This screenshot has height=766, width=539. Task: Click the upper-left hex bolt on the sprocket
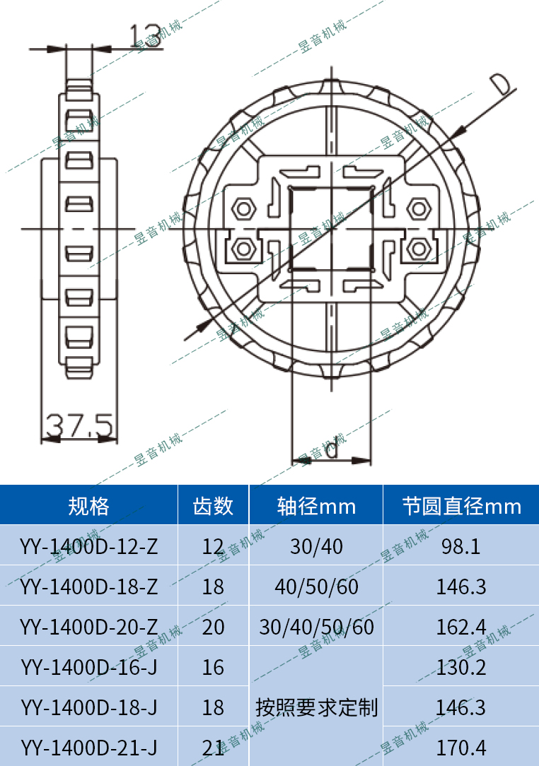point(244,209)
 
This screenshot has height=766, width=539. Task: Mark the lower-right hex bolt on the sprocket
point(418,249)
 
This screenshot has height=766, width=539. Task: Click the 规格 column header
point(88,506)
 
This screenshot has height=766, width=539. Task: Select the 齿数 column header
point(213,506)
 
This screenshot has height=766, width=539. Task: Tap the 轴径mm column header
point(316,506)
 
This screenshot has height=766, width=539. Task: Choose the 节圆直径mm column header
point(461,506)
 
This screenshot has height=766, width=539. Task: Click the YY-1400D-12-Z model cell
point(88,546)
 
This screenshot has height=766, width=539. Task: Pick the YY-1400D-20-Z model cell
point(88,627)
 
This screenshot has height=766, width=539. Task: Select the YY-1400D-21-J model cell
point(88,747)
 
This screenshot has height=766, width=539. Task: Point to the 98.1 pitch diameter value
point(461,546)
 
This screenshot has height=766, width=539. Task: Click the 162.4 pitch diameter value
point(461,627)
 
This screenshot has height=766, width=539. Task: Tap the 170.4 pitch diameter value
point(461,747)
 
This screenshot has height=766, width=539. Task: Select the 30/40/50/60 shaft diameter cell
point(316,627)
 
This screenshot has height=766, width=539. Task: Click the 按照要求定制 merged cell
point(316,707)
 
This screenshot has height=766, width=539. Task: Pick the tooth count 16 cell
point(213,667)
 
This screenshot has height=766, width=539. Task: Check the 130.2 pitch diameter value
point(461,667)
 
